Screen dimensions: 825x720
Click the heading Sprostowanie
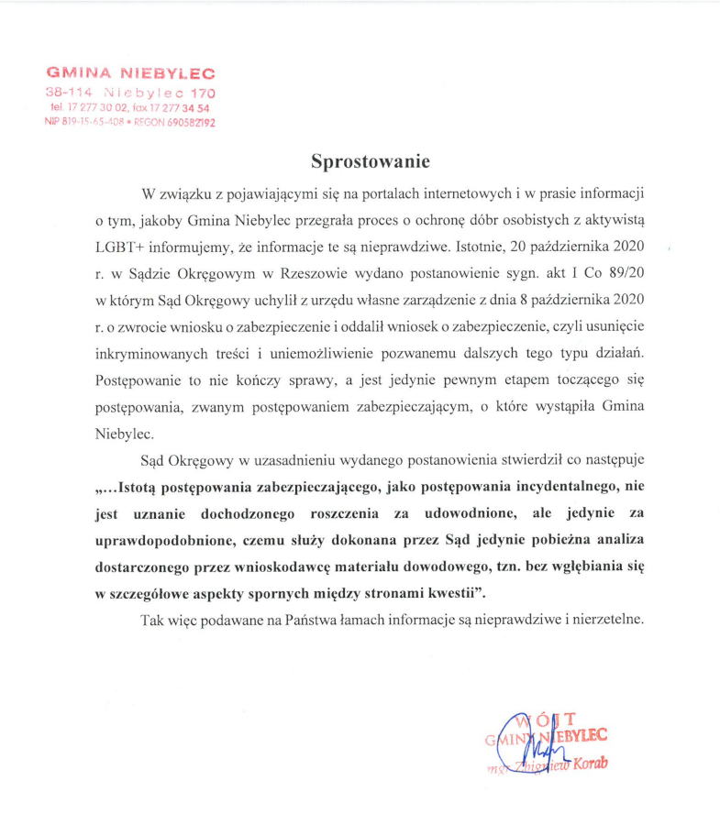point(370,161)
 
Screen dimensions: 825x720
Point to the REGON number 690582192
point(186,122)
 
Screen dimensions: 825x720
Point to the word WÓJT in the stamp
point(547,720)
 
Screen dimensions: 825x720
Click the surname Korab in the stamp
point(591,764)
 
